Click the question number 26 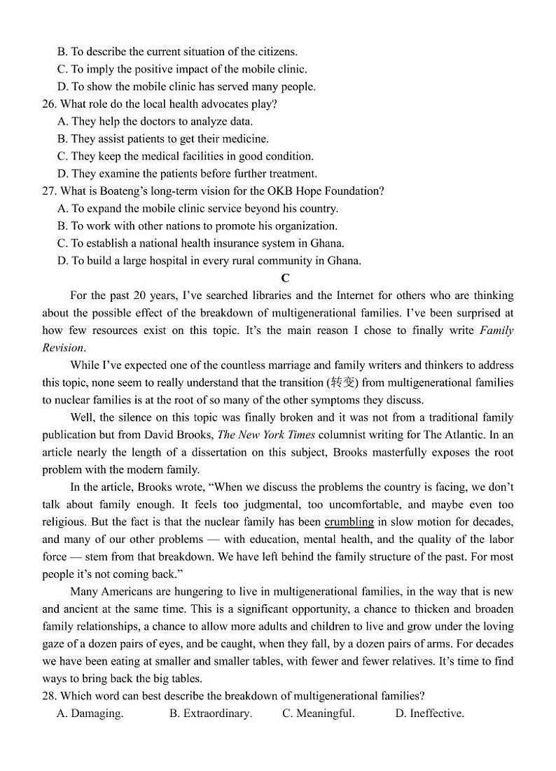point(49,104)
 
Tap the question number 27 point(49,190)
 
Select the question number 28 point(49,695)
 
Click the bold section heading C point(285,279)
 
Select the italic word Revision point(63,347)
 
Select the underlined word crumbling point(349,522)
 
